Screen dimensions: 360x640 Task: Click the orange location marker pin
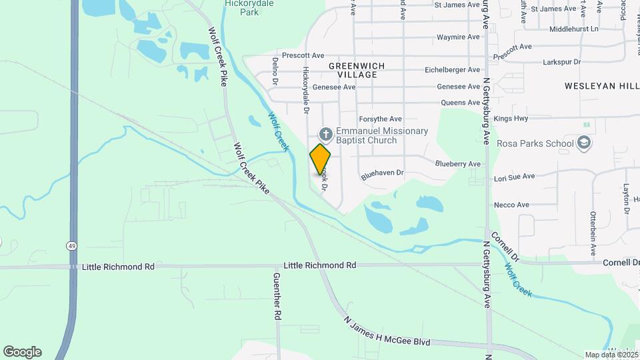click(320, 159)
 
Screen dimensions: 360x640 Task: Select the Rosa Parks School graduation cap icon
click(584, 143)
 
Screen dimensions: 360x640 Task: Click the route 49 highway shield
click(71, 246)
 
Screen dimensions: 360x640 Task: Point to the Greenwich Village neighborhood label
click(353, 70)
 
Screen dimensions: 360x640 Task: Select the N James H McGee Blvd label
click(387, 331)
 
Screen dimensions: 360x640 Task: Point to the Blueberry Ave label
click(457, 163)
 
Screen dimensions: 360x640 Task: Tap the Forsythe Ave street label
click(380, 119)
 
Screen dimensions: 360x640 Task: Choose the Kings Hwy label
click(511, 119)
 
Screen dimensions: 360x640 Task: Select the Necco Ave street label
click(511, 205)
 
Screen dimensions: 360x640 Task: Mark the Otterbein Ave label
click(592, 234)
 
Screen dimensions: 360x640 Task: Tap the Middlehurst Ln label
click(573, 29)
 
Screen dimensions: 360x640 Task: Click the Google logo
click(22, 352)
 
